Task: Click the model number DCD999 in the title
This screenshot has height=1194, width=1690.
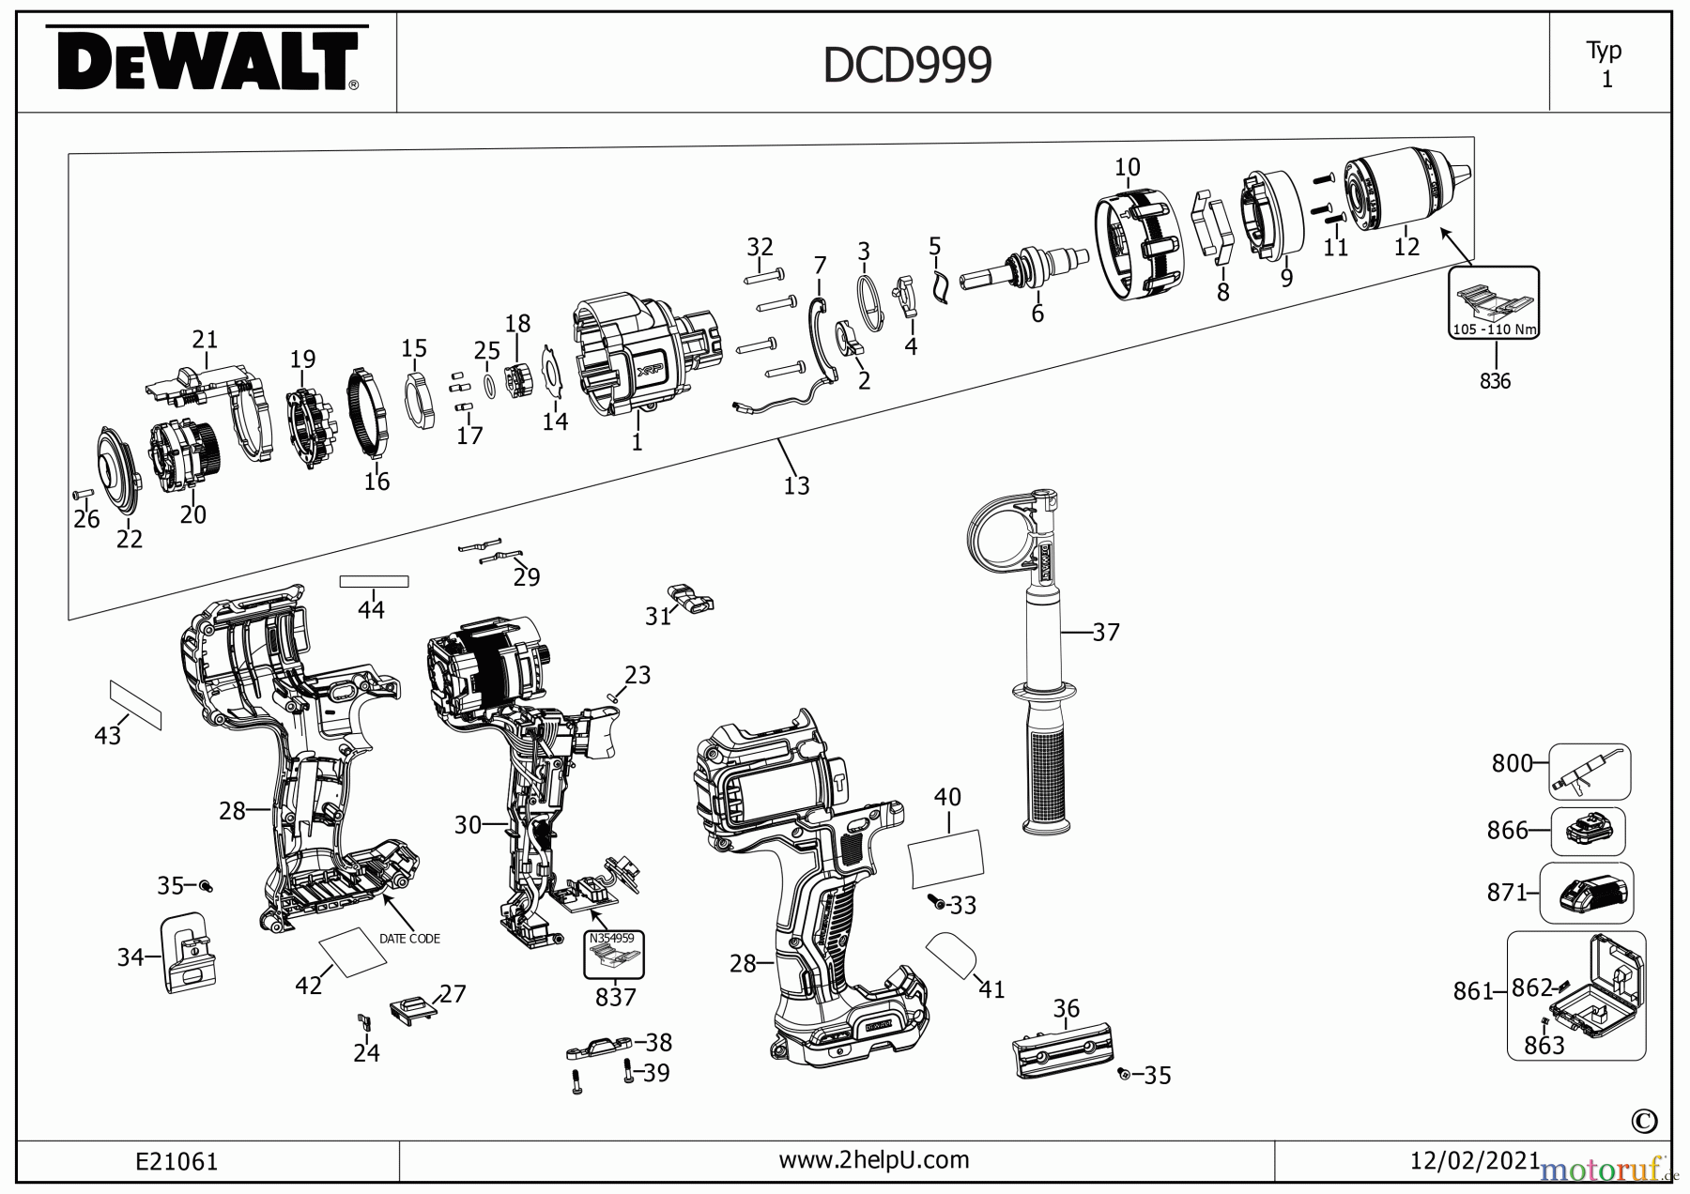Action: [907, 66]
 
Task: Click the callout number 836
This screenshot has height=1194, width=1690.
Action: [1495, 381]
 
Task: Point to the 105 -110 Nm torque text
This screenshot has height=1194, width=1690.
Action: [1493, 329]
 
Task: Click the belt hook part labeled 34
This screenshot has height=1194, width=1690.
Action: [189, 952]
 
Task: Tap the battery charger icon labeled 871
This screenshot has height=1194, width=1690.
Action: [1596, 893]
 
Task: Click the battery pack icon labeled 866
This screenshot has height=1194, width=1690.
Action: [1589, 831]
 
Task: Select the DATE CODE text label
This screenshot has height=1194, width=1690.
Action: [409, 939]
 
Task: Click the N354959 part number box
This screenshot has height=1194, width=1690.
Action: [612, 938]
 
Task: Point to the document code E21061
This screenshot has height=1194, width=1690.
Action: [177, 1162]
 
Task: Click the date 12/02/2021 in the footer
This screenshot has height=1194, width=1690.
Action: [1474, 1161]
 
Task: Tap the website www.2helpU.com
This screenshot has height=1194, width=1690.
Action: [873, 1160]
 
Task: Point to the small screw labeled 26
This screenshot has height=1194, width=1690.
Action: [82, 493]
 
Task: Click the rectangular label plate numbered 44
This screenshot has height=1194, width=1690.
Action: [374, 582]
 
